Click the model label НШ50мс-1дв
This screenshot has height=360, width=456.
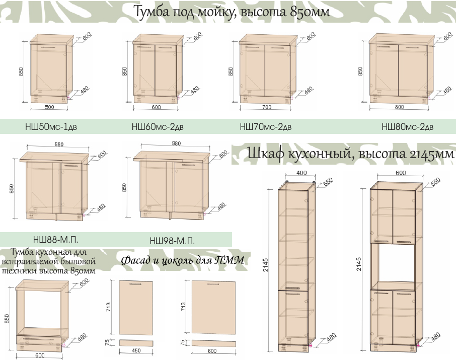click(51, 127)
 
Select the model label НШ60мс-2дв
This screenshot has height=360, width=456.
click(158, 127)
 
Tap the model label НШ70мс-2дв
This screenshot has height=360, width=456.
click(266, 127)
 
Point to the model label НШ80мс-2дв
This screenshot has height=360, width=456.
click(407, 127)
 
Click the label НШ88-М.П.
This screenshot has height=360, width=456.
click(55, 240)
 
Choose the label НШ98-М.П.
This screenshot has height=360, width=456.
click(172, 241)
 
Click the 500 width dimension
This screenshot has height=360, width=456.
click(49, 107)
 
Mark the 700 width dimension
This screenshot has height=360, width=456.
click(267, 107)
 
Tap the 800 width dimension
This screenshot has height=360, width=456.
click(399, 107)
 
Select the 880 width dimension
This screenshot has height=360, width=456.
click(59, 145)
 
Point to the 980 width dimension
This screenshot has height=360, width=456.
click(176, 143)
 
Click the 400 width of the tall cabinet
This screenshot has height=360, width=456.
click(301, 173)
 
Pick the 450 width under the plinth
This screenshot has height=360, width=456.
click(136, 351)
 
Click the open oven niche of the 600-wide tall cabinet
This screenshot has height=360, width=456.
click(396, 262)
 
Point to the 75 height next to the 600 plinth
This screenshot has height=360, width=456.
click(182, 342)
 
